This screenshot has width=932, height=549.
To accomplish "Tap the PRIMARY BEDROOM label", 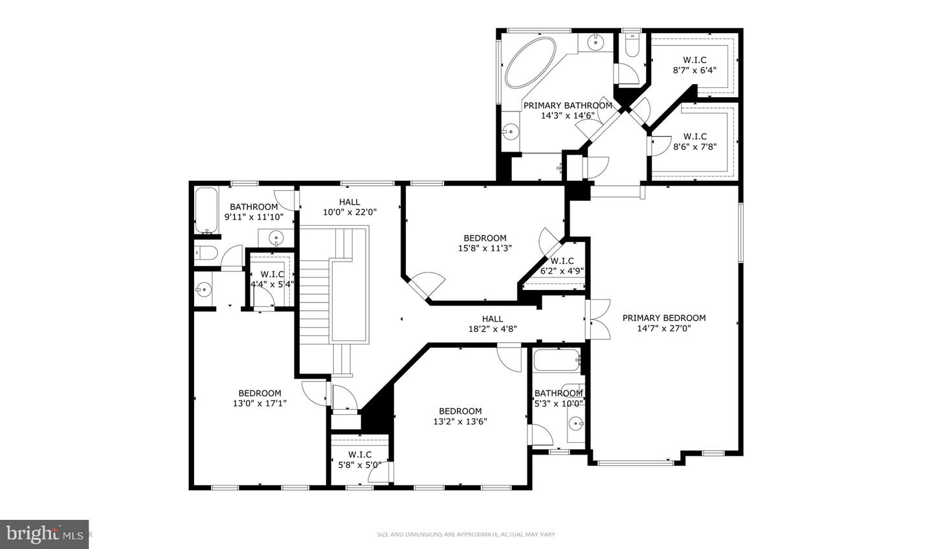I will click(x=664, y=318).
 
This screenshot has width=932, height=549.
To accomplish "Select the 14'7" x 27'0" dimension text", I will click(x=664, y=328).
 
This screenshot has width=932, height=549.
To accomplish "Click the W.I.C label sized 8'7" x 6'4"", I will click(x=694, y=65).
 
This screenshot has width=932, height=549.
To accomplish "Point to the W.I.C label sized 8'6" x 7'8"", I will click(x=694, y=141).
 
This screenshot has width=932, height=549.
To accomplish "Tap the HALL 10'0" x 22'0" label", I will click(x=349, y=207).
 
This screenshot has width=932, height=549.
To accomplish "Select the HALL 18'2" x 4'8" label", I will click(x=492, y=324).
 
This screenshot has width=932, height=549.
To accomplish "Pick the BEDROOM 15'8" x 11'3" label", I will click(x=485, y=243).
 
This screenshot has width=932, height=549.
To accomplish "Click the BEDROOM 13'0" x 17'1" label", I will click(x=260, y=398).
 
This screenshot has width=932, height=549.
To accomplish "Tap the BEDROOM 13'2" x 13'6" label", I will click(x=460, y=416).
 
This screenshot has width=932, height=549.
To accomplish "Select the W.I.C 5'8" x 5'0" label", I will click(x=360, y=459).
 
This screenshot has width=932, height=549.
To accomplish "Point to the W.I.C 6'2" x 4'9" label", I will click(x=562, y=266).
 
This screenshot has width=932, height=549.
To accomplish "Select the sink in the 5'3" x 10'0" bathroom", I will click(x=575, y=424).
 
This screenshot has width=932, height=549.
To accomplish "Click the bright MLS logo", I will click(x=44, y=534).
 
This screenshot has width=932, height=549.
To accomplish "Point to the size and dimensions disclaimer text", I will click(x=466, y=534).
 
